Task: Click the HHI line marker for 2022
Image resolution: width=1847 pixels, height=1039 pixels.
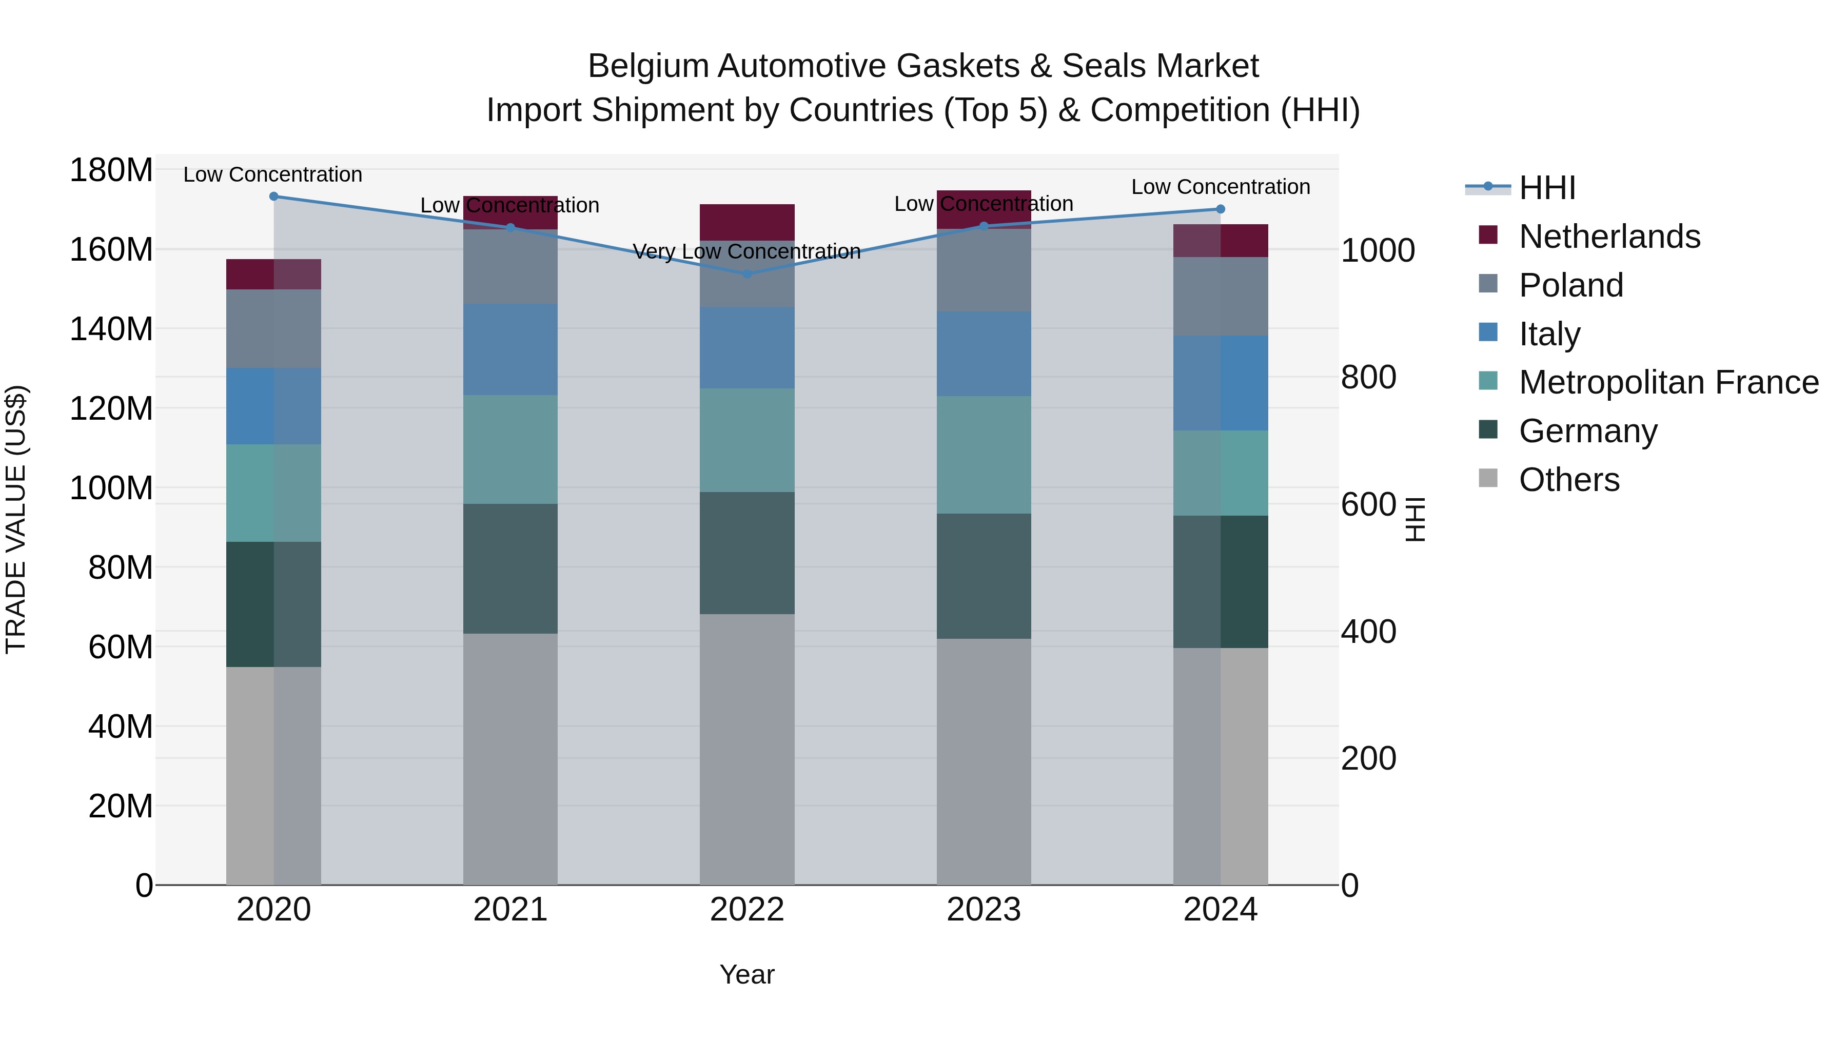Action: (746, 274)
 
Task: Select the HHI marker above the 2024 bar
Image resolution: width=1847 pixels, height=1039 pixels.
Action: (1221, 209)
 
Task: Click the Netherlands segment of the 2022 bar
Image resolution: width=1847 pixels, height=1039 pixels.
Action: (746, 222)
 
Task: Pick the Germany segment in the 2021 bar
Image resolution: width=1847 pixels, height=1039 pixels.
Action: (510, 568)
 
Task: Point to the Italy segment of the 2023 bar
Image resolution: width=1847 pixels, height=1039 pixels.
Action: (983, 354)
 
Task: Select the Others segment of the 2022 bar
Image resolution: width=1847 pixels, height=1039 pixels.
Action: (746, 749)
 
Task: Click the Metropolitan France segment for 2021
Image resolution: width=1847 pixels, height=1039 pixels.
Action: (510, 449)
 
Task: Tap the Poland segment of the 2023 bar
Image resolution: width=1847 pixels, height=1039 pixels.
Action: (983, 269)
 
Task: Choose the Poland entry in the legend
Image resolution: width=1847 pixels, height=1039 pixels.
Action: (1570, 285)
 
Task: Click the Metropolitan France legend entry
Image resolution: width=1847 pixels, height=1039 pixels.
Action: (1668, 382)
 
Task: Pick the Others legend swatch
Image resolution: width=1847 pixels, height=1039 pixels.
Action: (1488, 478)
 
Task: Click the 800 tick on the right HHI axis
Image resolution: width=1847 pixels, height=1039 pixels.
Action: (1368, 377)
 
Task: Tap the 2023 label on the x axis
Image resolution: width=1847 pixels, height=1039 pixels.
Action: (983, 910)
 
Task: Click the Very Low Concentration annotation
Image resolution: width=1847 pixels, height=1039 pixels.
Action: (746, 252)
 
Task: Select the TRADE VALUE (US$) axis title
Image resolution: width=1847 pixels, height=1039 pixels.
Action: (16, 519)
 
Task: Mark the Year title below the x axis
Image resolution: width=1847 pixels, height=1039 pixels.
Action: (746, 974)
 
